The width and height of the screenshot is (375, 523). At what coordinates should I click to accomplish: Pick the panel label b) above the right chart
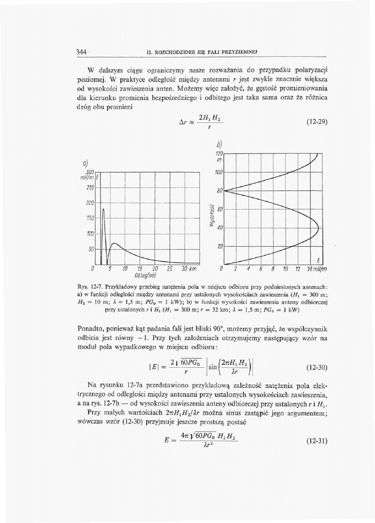220,143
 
